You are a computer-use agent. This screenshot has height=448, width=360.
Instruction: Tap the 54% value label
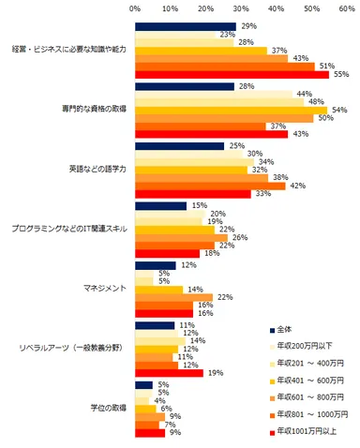click(341, 110)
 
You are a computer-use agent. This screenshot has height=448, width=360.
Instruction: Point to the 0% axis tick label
click(135, 8)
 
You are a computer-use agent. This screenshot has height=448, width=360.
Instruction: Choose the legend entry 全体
click(289, 329)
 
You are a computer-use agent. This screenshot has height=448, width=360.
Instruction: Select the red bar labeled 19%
click(169, 372)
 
